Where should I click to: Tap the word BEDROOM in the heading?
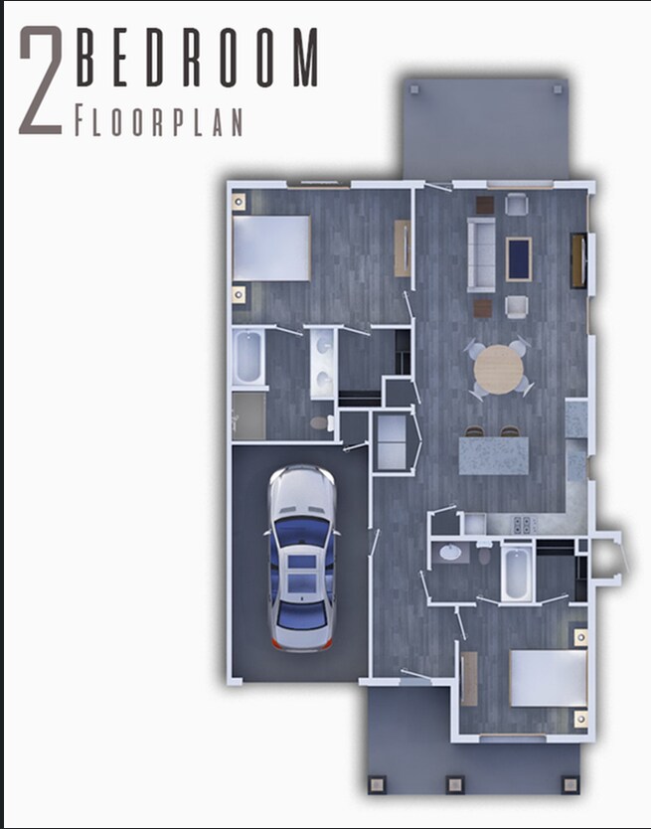click(196, 59)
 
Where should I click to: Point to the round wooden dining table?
click(498, 369)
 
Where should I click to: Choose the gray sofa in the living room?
click(482, 255)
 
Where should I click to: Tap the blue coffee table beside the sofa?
click(518, 258)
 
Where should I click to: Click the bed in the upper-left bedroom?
click(271, 249)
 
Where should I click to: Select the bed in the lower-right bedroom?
click(548, 678)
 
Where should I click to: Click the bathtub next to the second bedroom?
click(517, 573)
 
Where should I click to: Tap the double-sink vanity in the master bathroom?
click(321, 363)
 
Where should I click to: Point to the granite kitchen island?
click(494, 456)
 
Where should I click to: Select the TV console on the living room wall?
click(576, 259)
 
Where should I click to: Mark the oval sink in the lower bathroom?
click(451, 553)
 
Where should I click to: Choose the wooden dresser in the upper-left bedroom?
click(402, 249)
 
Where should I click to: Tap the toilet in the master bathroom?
click(320, 423)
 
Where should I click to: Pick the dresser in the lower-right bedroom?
click(469, 680)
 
